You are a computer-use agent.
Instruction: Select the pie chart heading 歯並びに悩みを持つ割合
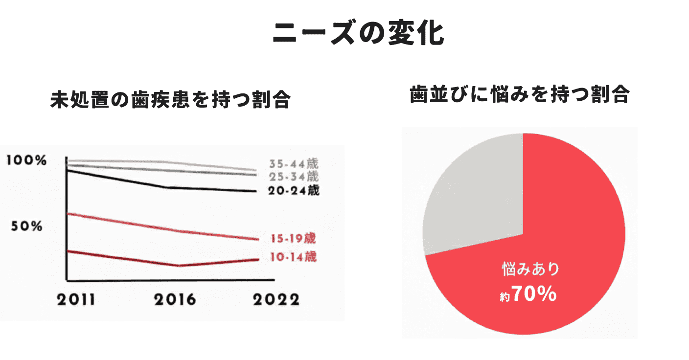coord(519,95)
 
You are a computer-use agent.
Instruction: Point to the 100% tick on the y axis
coord(27,160)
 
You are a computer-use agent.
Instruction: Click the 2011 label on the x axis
coord(76,299)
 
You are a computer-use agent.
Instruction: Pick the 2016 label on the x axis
coord(175,299)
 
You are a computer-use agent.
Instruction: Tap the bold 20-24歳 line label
coord(293,191)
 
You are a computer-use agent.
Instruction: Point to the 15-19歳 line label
coord(293,239)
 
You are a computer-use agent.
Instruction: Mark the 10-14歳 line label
coord(293,257)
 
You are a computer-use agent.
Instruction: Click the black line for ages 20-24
coord(122,180)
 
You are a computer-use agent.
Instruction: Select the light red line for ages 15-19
coord(122,222)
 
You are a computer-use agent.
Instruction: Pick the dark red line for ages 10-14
coord(122,258)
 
